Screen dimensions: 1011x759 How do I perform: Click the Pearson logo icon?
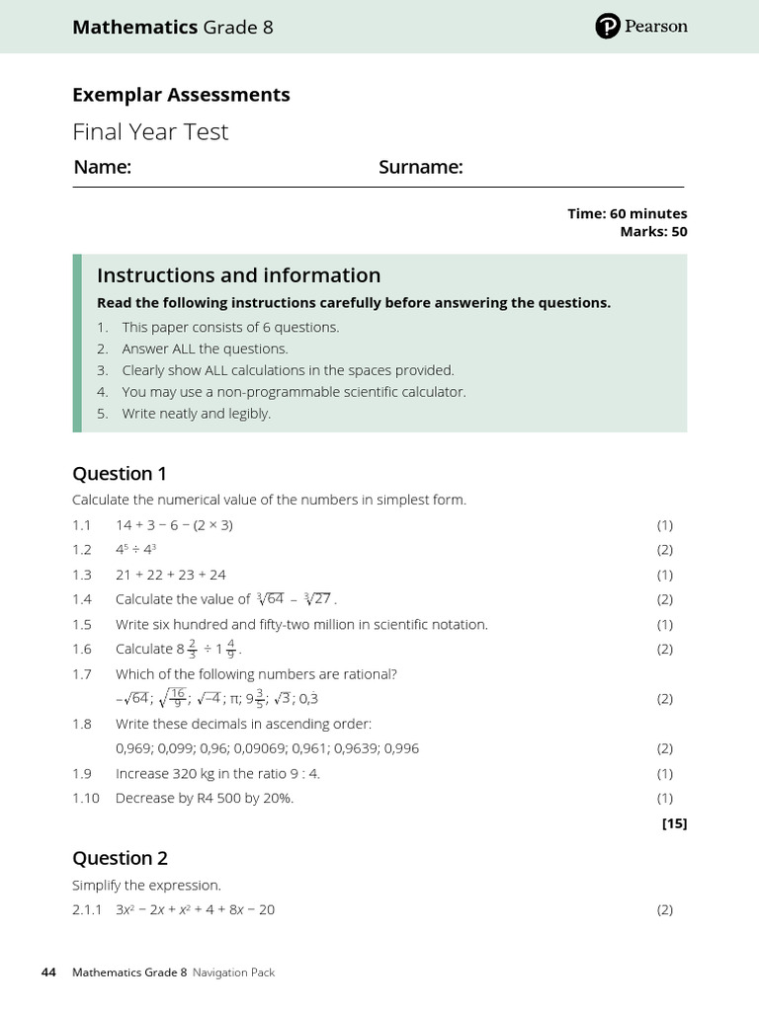pyautogui.click(x=608, y=27)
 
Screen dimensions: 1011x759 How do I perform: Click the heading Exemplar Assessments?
pyautogui.click(x=181, y=95)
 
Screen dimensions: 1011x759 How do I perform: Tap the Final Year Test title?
pyautogui.click(x=150, y=131)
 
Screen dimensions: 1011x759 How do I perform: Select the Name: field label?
pyautogui.click(x=102, y=168)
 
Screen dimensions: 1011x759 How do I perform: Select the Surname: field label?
pyautogui.click(x=421, y=168)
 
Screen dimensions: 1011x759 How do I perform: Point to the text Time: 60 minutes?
pyautogui.click(x=627, y=213)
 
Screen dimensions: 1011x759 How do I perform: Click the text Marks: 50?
pyautogui.click(x=653, y=232)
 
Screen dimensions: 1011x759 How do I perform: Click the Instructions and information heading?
pyautogui.click(x=238, y=275)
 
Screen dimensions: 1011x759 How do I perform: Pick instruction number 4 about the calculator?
pyautogui.click(x=294, y=392)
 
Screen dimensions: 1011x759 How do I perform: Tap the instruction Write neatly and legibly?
pyautogui.click(x=196, y=414)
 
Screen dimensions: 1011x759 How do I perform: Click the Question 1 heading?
pyautogui.click(x=113, y=474)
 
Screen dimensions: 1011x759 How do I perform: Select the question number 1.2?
pyautogui.click(x=81, y=550)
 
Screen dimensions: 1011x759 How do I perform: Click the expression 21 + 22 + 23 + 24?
pyautogui.click(x=171, y=575)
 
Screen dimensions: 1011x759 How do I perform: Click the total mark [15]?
pyautogui.click(x=674, y=823)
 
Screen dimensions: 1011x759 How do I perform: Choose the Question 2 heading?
pyautogui.click(x=113, y=858)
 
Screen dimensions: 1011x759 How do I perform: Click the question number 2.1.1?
pyautogui.click(x=87, y=909)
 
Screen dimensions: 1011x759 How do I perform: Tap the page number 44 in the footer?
pyautogui.click(x=48, y=972)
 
